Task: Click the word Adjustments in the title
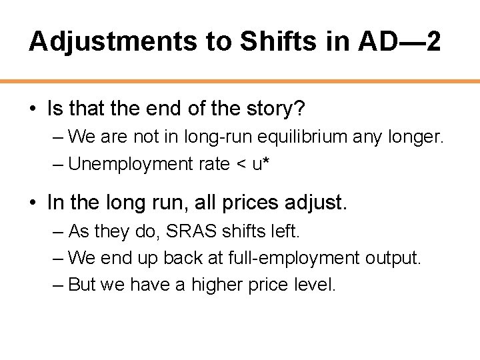[113, 42]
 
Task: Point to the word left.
[285, 231]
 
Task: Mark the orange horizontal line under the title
[240, 81]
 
